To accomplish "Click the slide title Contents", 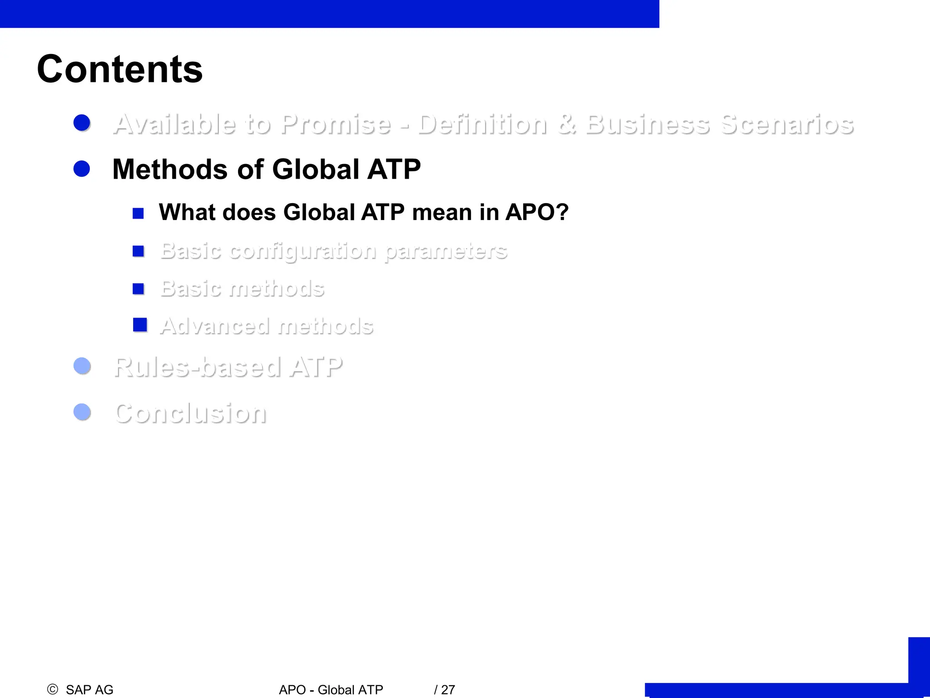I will click(x=120, y=69).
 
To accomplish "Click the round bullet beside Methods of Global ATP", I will click(x=82, y=169).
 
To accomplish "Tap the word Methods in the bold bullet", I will click(x=170, y=170).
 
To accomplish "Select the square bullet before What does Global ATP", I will click(x=138, y=213).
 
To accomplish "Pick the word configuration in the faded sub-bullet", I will click(x=302, y=251).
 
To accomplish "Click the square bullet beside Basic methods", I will click(x=138, y=289).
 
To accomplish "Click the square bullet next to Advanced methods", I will click(x=140, y=325).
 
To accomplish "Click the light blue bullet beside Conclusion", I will click(x=82, y=412).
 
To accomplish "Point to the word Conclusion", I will click(x=191, y=414).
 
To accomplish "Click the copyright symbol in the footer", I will click(x=53, y=689).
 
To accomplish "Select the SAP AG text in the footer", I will click(x=89, y=690).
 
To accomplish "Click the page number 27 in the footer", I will click(x=448, y=690).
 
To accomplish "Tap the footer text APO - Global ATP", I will click(x=331, y=690).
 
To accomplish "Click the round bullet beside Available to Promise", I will click(x=82, y=123).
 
